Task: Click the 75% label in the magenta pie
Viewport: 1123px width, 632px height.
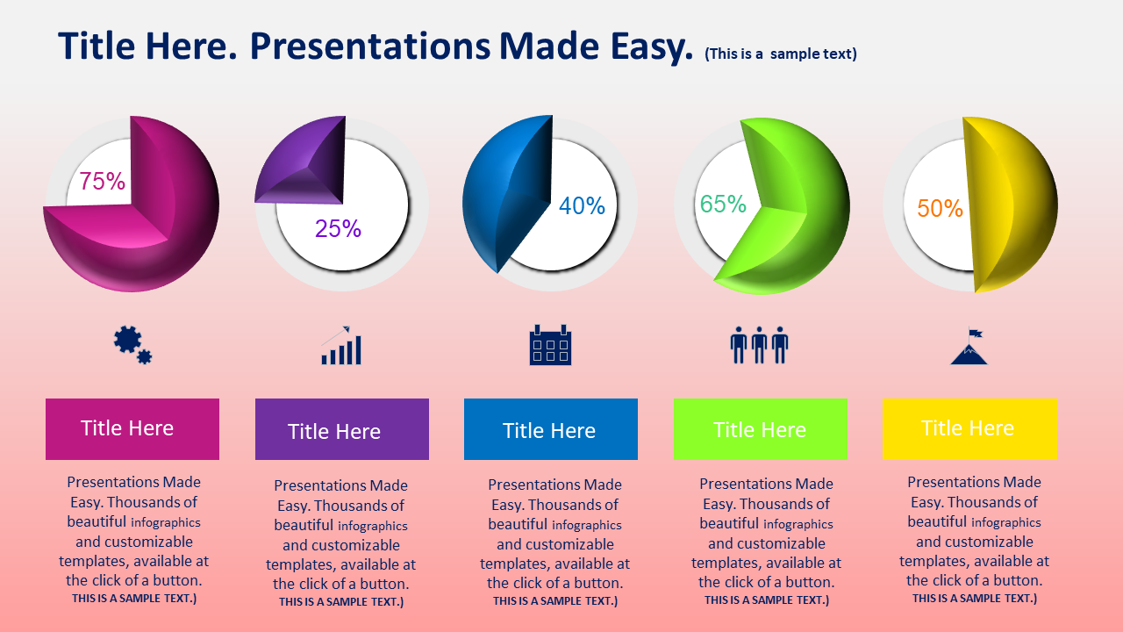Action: click(103, 181)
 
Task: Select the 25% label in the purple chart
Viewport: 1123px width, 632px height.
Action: click(338, 229)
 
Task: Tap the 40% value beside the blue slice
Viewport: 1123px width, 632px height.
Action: click(582, 205)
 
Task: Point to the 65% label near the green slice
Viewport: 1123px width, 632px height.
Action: click(723, 205)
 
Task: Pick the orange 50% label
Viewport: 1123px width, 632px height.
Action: click(940, 208)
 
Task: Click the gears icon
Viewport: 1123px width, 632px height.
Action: click(132, 345)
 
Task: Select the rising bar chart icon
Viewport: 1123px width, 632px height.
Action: click(341, 345)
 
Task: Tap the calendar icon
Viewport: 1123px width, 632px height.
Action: click(550, 345)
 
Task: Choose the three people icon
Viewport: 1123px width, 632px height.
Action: click(759, 345)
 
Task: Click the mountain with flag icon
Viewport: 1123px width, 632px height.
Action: click(969, 346)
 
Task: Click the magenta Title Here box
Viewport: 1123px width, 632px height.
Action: click(132, 429)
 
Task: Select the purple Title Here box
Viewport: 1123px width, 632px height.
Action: click(342, 429)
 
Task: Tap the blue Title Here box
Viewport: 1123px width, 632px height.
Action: click(551, 429)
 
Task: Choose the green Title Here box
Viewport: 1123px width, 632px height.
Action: click(761, 429)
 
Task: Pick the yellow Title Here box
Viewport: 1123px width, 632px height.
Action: click(969, 429)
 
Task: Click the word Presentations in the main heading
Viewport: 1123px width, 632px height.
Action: click(370, 47)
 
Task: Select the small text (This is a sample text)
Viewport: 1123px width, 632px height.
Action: click(781, 54)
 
